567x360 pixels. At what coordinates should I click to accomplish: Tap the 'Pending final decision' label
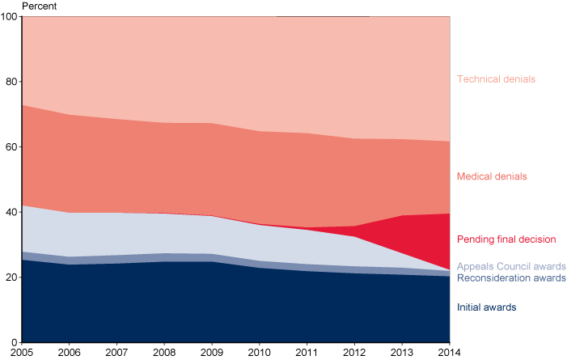point(506,239)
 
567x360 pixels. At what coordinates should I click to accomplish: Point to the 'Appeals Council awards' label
point(511,266)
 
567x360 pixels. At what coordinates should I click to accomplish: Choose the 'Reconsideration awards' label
point(511,278)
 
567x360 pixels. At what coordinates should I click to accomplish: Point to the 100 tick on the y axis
point(11,17)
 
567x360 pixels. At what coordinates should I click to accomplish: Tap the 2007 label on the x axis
point(118,354)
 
